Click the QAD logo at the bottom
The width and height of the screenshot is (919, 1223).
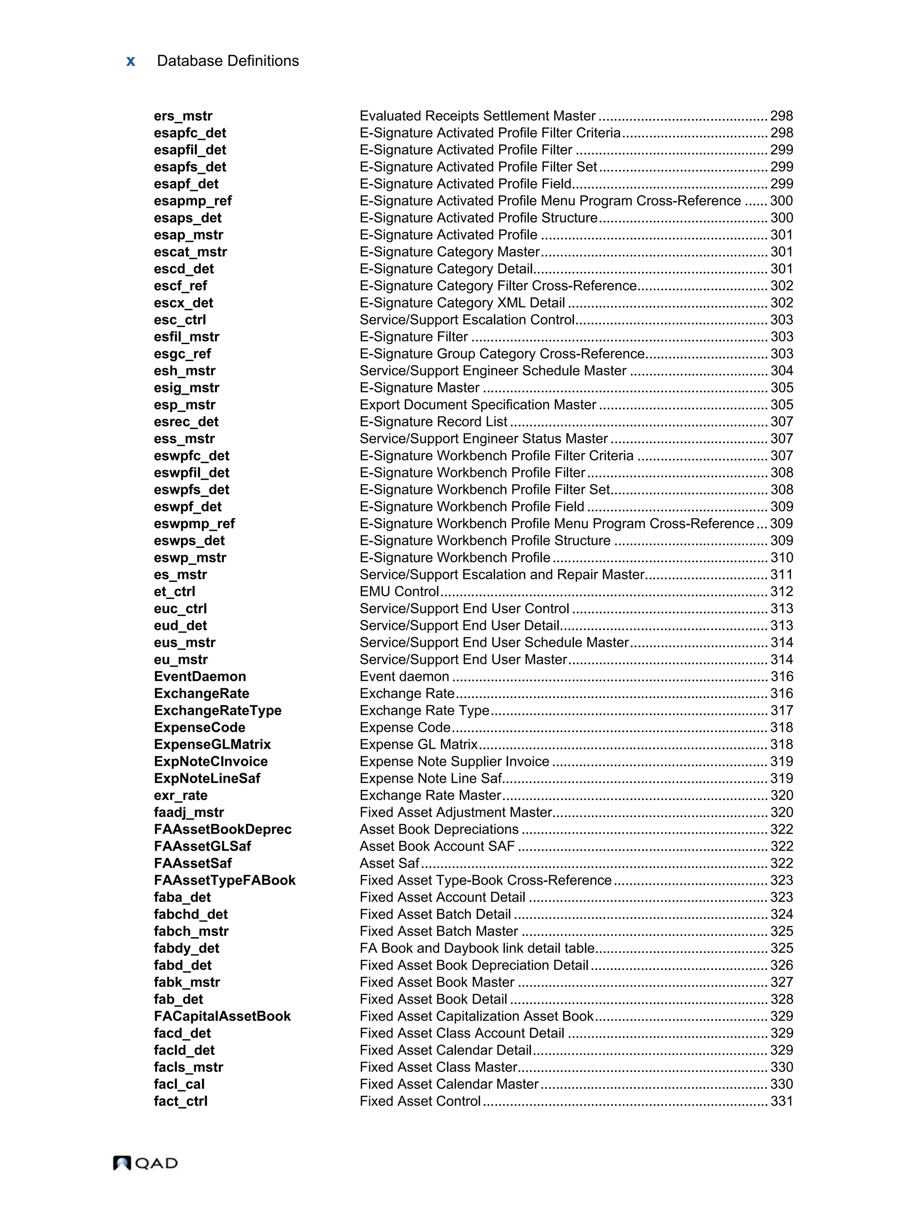(145, 1163)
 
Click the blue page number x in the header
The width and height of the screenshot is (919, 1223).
(131, 61)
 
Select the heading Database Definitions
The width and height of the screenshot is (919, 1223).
(228, 61)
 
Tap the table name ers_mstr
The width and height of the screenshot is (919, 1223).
(183, 116)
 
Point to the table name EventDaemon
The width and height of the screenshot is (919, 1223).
(200, 676)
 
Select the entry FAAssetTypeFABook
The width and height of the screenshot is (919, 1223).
(224, 880)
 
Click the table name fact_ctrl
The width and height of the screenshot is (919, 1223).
(180, 1101)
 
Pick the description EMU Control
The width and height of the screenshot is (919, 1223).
(399, 592)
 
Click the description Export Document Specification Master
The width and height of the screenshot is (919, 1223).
(478, 405)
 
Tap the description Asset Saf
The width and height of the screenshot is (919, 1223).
(389, 863)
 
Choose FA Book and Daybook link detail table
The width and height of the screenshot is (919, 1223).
(477, 948)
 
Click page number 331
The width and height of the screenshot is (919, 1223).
(781, 1101)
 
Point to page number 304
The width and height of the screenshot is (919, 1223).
(781, 371)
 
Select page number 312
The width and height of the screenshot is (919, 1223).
(781, 592)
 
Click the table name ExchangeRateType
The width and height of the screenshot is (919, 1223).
(217, 711)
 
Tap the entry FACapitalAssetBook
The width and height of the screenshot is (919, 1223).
(222, 1016)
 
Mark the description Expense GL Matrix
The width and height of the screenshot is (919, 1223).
(418, 744)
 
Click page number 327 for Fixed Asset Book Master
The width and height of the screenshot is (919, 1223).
(781, 982)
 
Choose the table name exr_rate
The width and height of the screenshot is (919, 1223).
(180, 795)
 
